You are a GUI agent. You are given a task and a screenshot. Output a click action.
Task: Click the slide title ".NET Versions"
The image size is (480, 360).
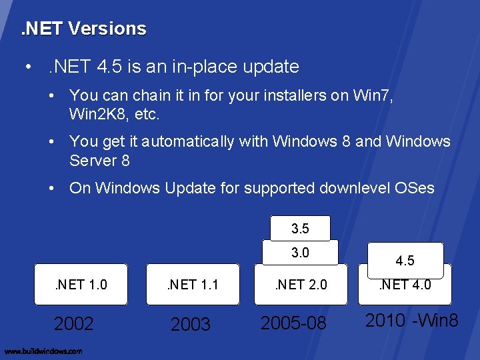click(83, 29)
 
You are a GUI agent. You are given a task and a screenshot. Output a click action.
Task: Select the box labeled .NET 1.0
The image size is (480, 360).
click(80, 285)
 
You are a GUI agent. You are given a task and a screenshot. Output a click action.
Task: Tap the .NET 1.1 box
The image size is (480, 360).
click(192, 285)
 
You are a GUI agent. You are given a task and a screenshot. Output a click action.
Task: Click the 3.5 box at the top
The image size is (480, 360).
click(300, 229)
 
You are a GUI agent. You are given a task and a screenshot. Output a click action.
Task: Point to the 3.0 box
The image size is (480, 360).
click(300, 253)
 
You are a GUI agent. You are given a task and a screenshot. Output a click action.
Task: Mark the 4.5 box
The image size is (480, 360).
click(405, 260)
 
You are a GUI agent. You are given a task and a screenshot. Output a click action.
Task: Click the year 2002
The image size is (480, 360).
click(73, 324)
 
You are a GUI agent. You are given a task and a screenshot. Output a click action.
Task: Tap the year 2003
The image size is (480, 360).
click(191, 325)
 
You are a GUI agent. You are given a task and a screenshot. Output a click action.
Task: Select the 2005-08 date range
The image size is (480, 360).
click(294, 323)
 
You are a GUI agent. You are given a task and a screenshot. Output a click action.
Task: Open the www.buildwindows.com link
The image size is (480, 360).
click(43, 351)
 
